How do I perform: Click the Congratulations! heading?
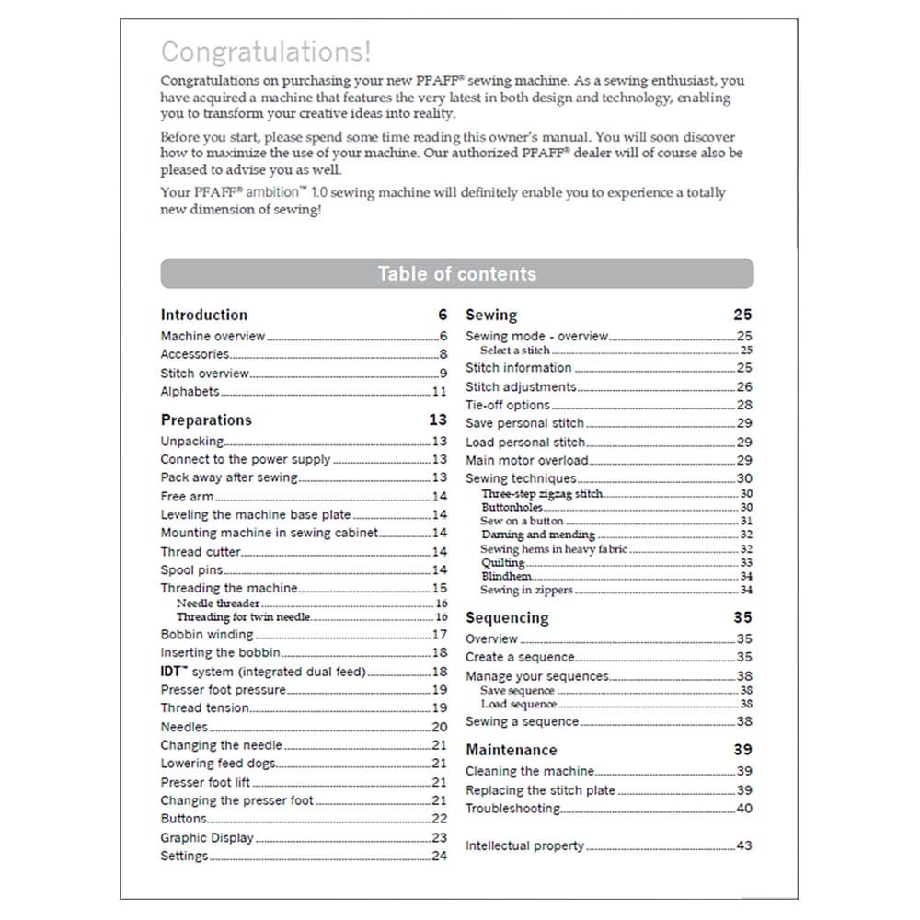click(266, 52)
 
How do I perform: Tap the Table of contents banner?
click(456, 273)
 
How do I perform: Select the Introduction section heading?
click(203, 315)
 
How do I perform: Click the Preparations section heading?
click(205, 420)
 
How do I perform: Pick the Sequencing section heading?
click(507, 617)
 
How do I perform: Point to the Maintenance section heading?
click(511, 750)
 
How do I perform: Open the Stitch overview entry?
click(204, 374)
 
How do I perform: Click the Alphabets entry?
click(190, 392)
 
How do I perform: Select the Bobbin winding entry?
click(206, 635)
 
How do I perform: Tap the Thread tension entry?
click(204, 708)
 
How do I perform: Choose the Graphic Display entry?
click(207, 838)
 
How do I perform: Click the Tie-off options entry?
click(507, 405)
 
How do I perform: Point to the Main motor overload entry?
click(526, 460)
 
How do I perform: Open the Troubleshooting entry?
click(512, 809)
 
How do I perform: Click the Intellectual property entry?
click(524, 845)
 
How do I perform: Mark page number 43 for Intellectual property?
click(743, 845)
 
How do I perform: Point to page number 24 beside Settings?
click(439, 857)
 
